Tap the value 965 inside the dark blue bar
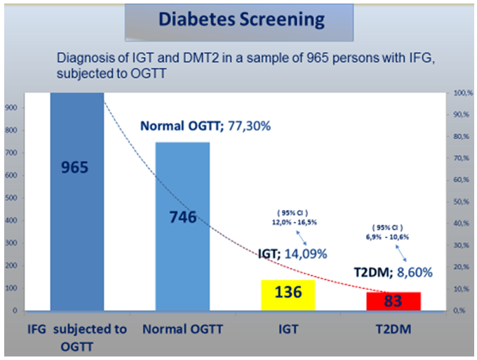click(77, 168)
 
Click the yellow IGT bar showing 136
click(288, 292)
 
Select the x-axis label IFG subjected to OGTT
click(77, 335)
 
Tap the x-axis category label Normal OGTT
click(182, 328)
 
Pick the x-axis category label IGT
click(288, 328)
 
